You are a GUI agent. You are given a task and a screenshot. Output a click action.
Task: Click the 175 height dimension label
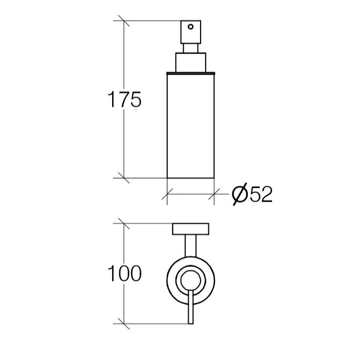124,99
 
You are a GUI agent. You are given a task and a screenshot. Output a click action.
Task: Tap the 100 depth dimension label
124,273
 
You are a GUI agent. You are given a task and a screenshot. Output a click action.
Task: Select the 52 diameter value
261,194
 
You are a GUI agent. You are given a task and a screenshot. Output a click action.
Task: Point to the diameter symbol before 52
240,194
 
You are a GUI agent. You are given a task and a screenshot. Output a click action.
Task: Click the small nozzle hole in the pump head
191,27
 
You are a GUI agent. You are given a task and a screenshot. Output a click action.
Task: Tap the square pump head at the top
191,32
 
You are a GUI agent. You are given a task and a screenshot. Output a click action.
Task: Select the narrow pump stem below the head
191,48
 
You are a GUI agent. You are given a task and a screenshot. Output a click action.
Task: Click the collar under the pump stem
191,62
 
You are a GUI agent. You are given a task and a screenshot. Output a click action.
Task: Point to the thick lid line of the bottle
191,74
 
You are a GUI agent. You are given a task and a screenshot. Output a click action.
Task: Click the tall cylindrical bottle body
191,127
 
